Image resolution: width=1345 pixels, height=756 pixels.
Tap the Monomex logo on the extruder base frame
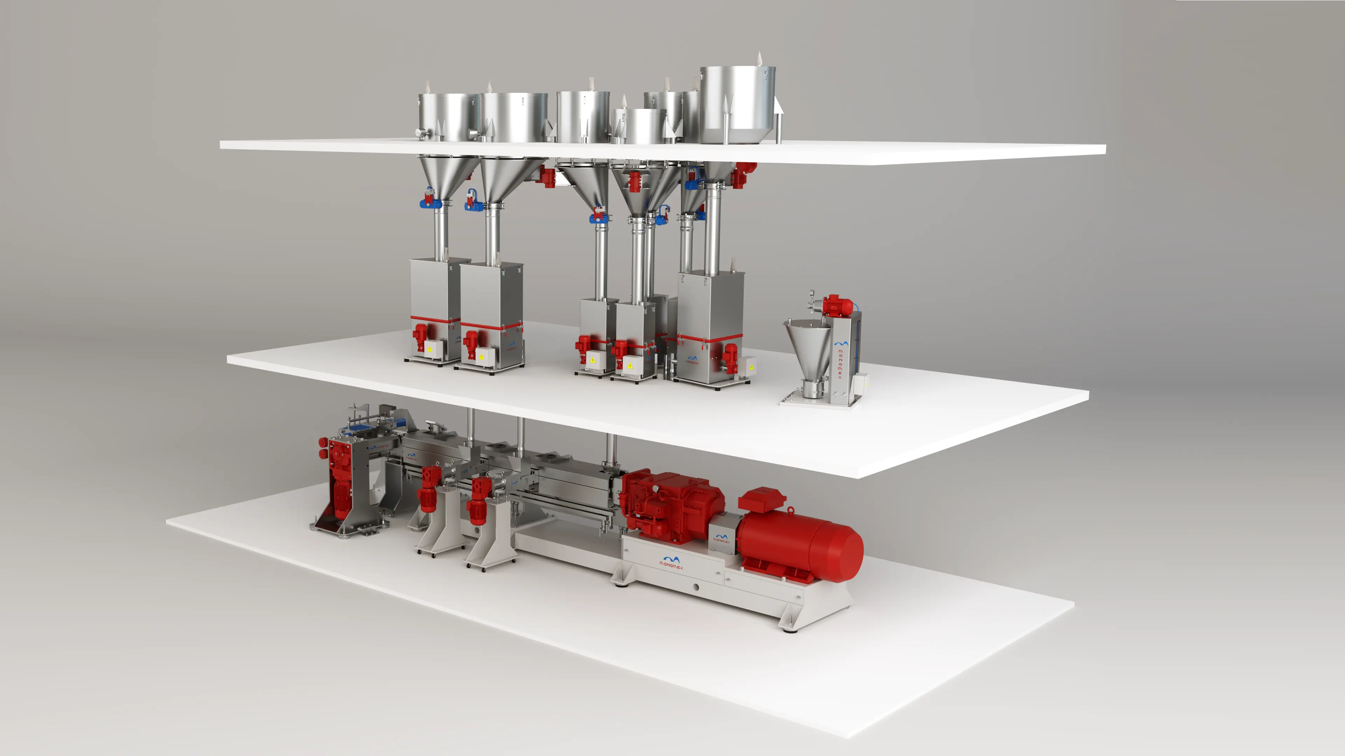click(671, 562)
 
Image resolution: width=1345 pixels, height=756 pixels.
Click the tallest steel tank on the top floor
click(737, 104)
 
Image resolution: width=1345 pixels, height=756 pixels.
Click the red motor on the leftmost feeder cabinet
click(420, 336)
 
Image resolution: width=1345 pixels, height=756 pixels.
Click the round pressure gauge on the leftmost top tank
click(420, 134)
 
